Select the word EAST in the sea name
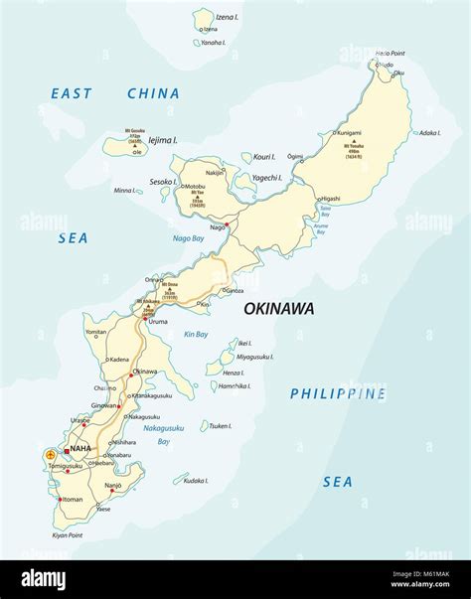click(72, 94)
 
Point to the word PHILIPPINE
click(337, 393)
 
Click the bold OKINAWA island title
click(279, 309)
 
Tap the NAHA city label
click(80, 449)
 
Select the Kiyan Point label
click(62, 535)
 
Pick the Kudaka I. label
click(195, 480)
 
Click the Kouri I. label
click(263, 156)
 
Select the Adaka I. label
click(429, 132)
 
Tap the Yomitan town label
click(96, 332)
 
